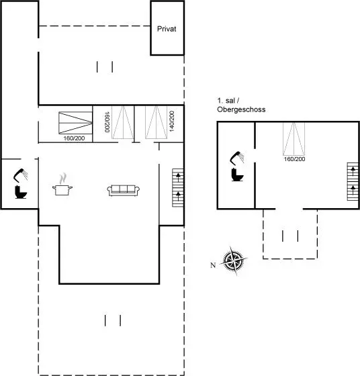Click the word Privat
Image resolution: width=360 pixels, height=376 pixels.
click(167, 29)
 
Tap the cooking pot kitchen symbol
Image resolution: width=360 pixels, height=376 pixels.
click(62, 184)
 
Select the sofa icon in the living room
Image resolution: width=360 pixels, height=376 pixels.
click(124, 191)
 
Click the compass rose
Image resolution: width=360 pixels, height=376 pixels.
click(234, 261)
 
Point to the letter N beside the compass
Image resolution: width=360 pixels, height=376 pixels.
click(213, 265)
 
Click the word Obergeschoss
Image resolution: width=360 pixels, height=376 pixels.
click(241, 109)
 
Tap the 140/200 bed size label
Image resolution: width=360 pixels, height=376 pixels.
click(172, 121)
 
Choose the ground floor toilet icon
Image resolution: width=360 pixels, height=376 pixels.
click(21, 192)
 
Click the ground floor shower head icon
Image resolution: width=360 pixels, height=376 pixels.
click(20, 175)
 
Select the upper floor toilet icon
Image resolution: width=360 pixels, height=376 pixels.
click(238, 175)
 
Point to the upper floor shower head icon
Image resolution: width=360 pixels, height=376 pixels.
click(237, 158)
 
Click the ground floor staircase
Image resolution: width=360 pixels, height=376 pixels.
click(178, 188)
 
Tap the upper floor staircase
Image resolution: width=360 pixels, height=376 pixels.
click(353, 181)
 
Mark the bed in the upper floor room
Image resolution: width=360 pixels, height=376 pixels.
click(294, 139)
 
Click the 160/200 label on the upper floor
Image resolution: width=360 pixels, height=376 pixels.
click(295, 159)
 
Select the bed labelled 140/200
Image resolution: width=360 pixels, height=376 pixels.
click(156, 122)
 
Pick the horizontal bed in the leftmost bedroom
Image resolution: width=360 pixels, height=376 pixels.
click(75, 123)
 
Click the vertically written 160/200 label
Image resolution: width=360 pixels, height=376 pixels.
click(107, 122)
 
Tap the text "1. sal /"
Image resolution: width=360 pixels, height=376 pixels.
click(228, 101)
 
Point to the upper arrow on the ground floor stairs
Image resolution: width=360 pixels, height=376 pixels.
click(178, 177)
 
